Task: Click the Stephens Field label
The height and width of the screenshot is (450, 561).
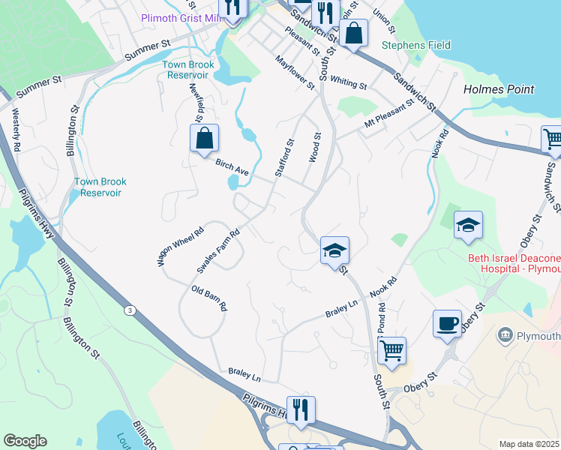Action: pyautogui.click(x=416, y=45)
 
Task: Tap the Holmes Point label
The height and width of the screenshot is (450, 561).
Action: pyautogui.click(x=499, y=89)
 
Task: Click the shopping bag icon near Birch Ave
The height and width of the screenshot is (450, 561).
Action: pyautogui.click(x=204, y=138)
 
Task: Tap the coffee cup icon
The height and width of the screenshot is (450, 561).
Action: pyautogui.click(x=447, y=323)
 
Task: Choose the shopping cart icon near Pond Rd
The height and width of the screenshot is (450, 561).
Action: pyautogui.click(x=392, y=349)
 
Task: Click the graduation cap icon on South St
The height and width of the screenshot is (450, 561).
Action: pyautogui.click(x=334, y=250)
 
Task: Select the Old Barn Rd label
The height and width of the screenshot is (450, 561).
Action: pyautogui.click(x=209, y=298)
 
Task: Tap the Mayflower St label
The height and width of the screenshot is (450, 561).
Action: pyautogui.click(x=295, y=72)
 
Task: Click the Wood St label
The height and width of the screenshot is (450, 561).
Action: pyautogui.click(x=315, y=148)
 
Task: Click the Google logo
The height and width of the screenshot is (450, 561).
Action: pyautogui.click(x=25, y=441)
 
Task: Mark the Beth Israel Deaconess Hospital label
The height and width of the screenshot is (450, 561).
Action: pyautogui.click(x=514, y=263)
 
